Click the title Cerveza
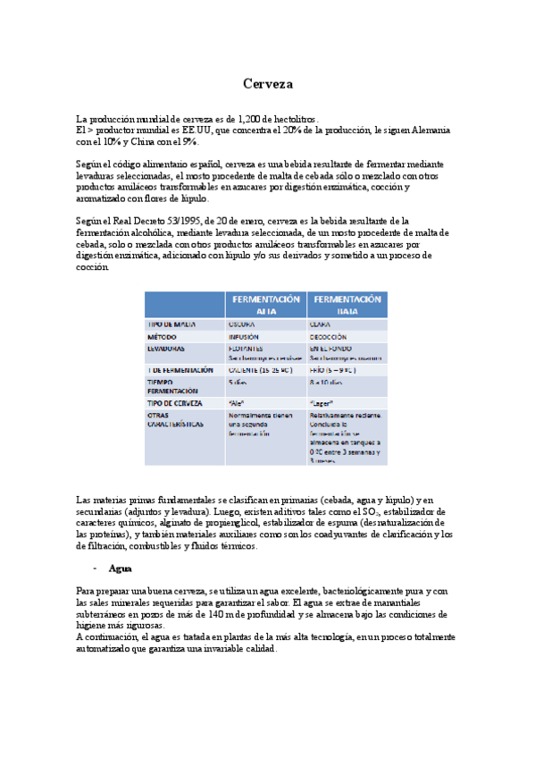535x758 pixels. pos(267,84)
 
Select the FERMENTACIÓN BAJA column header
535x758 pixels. pos(347,305)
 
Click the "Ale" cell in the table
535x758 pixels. pos(237,403)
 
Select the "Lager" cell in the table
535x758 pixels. pos(321,403)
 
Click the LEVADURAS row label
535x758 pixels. pos(167,349)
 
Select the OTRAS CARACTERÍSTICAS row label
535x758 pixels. pos(176,420)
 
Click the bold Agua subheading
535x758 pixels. pos(120,568)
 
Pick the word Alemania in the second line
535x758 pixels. pos(431,131)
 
